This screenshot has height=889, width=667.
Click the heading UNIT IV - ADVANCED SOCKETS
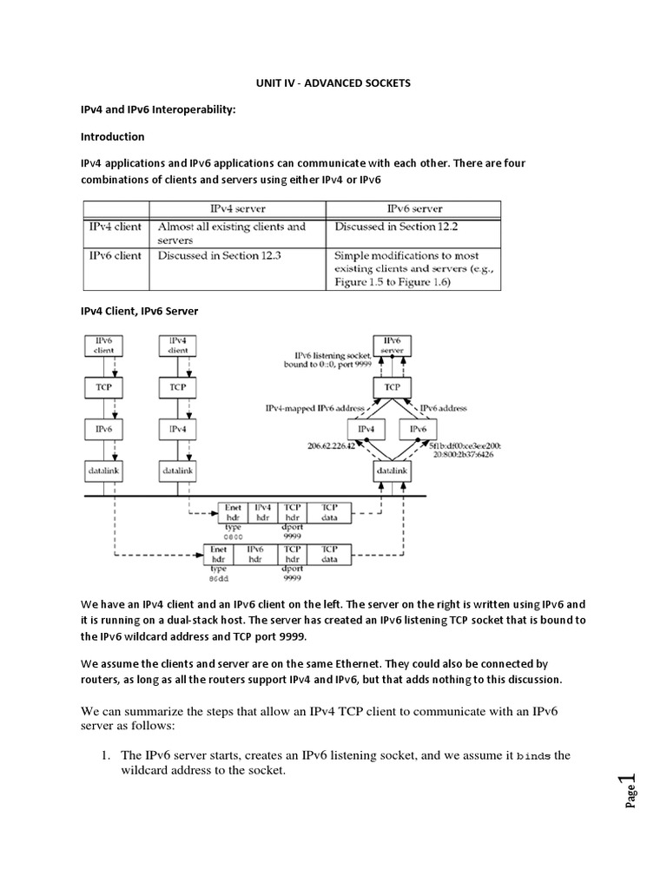[333, 83]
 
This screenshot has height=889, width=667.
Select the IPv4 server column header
[238, 208]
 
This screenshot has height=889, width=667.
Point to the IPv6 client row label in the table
[115, 256]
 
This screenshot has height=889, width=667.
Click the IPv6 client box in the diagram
[103, 346]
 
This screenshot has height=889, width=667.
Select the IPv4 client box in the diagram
[177, 346]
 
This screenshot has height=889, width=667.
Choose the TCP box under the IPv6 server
[393, 385]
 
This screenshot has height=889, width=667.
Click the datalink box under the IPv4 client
[177, 469]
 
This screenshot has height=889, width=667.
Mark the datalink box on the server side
[393, 469]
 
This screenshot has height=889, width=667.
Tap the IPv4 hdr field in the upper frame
[263, 512]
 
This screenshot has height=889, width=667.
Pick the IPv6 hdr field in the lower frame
[254, 554]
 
